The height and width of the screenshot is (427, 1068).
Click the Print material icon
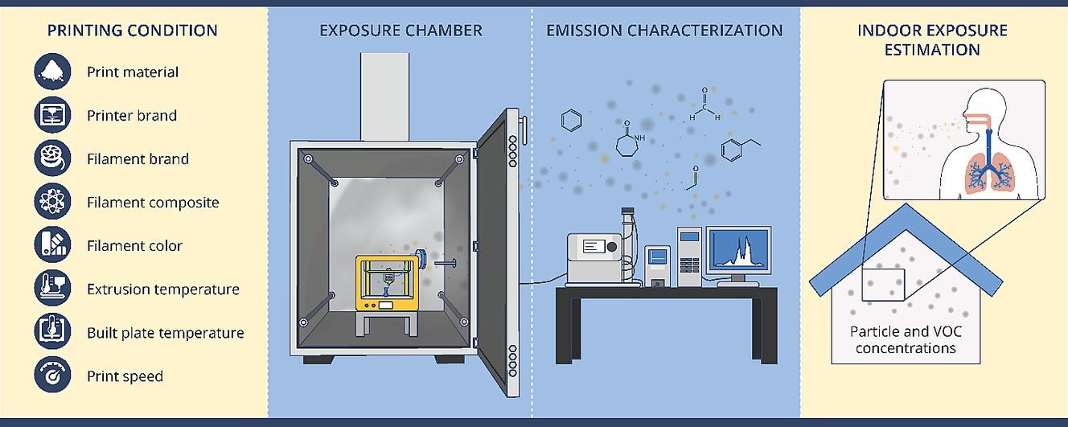coord(53,72)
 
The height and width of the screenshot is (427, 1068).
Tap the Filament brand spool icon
coord(53,158)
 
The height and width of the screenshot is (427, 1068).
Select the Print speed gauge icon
coord(53,376)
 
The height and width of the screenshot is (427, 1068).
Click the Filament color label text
coord(134,246)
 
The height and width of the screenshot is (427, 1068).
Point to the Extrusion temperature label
coord(162,289)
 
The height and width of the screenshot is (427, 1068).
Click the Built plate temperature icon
coord(53,332)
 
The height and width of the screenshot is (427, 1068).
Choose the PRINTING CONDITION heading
coord(132,31)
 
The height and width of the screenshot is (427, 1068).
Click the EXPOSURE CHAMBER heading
coord(400,31)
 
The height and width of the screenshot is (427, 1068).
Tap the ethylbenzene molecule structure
coord(738,150)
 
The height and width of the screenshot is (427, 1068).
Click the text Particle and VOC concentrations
coord(906,339)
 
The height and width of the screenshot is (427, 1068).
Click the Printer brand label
coord(132,115)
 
